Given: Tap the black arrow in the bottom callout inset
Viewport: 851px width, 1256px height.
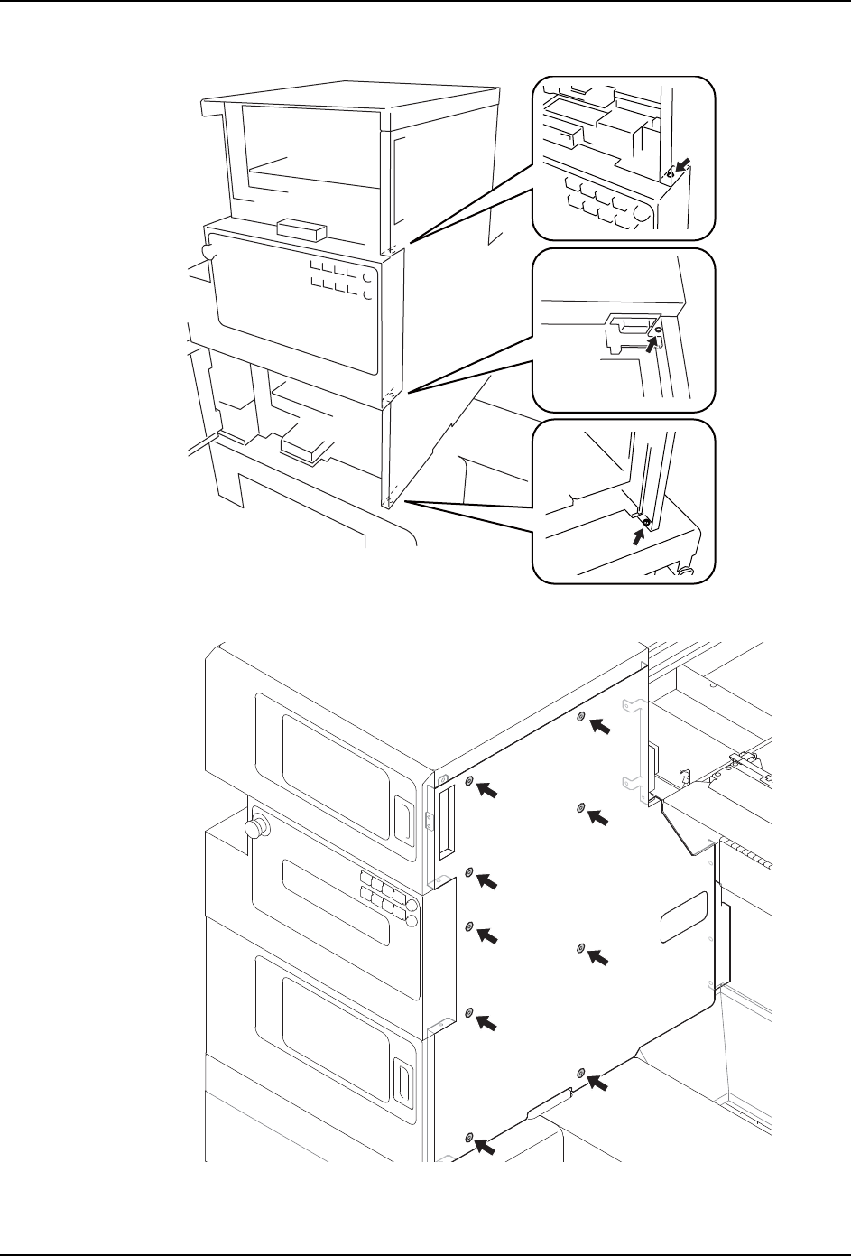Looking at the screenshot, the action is (640, 535).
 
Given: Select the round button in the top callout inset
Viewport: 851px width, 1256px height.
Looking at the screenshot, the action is (641, 214).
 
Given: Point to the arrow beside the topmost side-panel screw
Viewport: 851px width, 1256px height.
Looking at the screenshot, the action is (599, 726).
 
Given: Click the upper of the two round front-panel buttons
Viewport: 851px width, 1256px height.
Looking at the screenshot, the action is (412, 906).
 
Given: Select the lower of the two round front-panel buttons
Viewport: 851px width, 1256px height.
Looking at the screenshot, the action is (412, 921).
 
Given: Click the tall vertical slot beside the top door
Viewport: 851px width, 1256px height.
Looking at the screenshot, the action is (442, 822).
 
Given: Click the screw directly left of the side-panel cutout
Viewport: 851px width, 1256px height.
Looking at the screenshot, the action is (581, 948).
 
